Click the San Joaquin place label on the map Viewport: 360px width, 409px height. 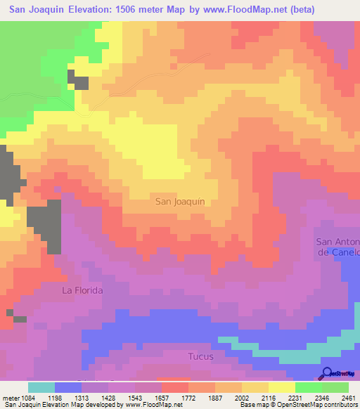(180, 201)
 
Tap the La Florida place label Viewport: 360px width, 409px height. (83, 290)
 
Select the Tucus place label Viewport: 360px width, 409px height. (200, 356)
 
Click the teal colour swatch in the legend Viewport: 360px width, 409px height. (41, 387)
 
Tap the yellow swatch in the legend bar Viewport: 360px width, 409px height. (282, 387)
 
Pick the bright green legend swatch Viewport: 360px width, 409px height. (309, 387)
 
